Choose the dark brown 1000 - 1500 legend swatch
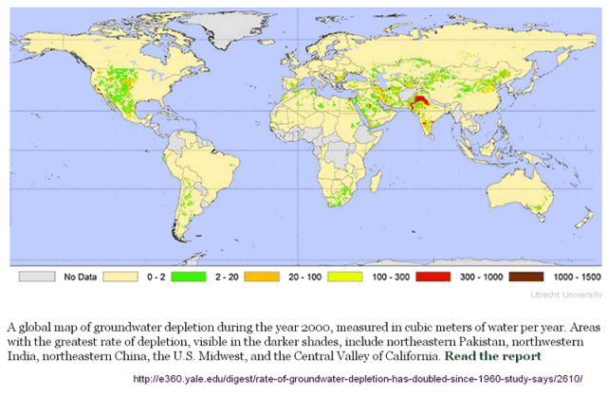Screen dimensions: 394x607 coord(525,278)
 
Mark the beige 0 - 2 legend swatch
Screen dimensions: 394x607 coord(115,278)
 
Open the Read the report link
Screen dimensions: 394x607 coord(492,357)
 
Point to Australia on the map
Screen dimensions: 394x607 coord(527,199)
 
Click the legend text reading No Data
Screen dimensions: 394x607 coord(77,278)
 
